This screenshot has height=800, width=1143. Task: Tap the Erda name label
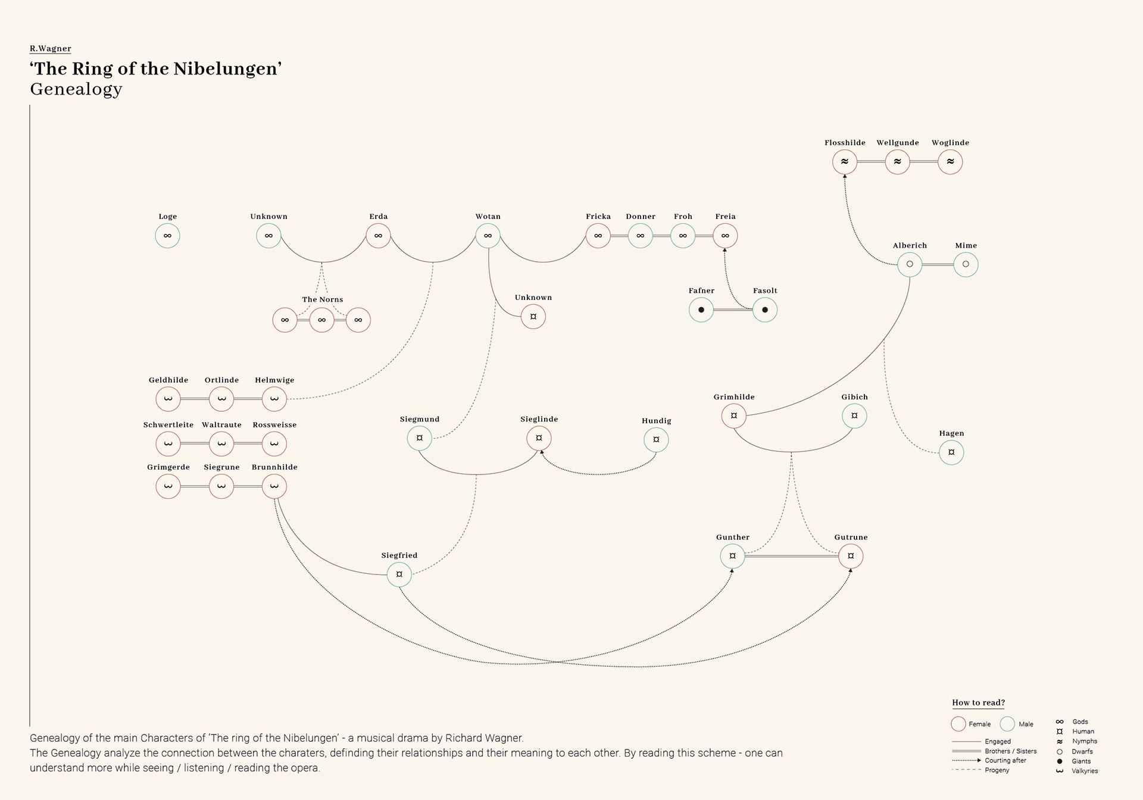[x=378, y=217]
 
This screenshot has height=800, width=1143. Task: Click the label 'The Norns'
[x=323, y=299]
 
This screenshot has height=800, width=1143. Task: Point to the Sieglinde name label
[x=539, y=419]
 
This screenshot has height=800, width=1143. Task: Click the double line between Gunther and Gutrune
[x=791, y=556]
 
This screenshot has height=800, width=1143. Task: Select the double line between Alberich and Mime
[x=938, y=264]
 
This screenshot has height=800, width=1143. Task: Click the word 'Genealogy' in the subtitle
[x=76, y=89]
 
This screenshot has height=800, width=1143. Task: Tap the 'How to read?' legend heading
[x=978, y=702]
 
